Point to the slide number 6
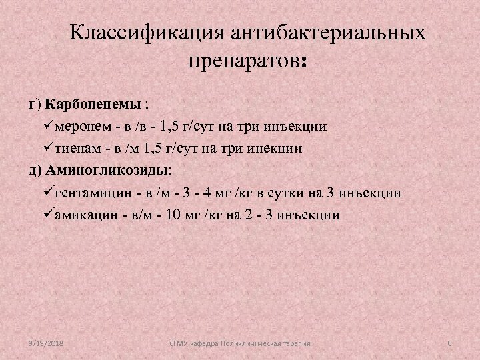click(x=449, y=343)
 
